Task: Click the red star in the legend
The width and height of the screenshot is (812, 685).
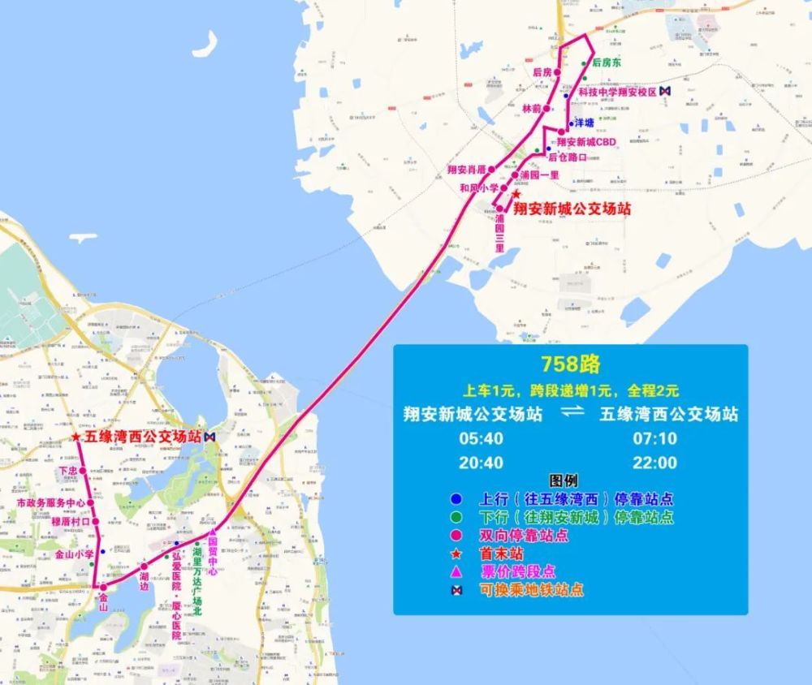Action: pyautogui.click(x=456, y=554)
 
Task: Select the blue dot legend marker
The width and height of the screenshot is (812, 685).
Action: pyautogui.click(x=456, y=498)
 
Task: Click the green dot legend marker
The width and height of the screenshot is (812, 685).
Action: pyautogui.click(x=456, y=517)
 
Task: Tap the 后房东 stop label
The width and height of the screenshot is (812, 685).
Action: pyautogui.click(x=606, y=62)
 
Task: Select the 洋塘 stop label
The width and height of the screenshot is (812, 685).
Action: pyautogui.click(x=584, y=123)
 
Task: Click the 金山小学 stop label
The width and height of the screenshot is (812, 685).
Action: pyautogui.click(x=74, y=554)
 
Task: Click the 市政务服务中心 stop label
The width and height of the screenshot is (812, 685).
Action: pyautogui.click(x=50, y=504)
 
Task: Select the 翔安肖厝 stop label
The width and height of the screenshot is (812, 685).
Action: pyautogui.click(x=466, y=170)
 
